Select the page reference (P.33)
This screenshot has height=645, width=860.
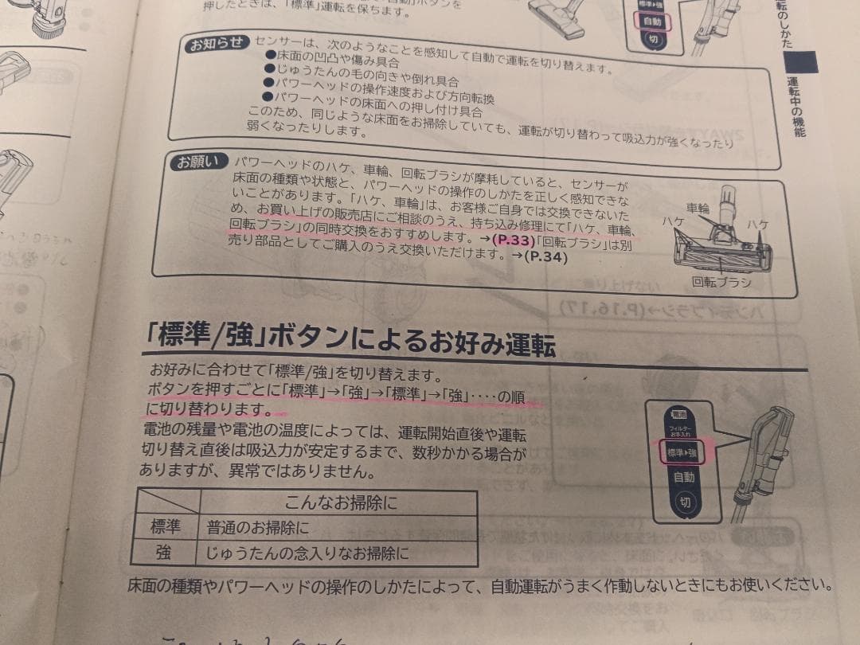click(x=510, y=239)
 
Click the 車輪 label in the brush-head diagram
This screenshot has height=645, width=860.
click(x=698, y=208)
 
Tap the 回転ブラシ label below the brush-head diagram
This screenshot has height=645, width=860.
click(x=721, y=282)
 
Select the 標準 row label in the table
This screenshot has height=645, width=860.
click(x=166, y=527)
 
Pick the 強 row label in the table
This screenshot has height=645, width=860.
click(x=166, y=552)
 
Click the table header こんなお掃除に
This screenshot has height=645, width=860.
click(x=340, y=502)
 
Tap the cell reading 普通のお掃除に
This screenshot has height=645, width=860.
click(x=257, y=528)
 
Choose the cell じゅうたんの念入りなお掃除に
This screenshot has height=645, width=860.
click(x=307, y=553)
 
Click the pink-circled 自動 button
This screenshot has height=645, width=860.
click(x=653, y=21)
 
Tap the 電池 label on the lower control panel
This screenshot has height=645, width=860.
click(x=679, y=415)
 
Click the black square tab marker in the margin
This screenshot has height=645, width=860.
click(x=806, y=61)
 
